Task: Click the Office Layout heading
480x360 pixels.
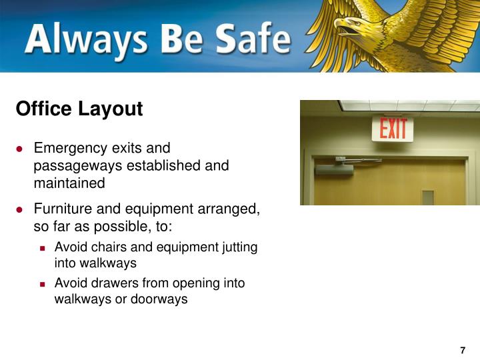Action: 79,109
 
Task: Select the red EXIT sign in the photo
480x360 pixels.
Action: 393,128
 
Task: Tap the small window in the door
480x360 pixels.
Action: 427,197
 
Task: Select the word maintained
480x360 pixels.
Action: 69,183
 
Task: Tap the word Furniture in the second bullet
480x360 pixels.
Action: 61,209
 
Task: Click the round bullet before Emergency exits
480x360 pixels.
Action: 21,148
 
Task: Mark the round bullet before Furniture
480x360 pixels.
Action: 21,209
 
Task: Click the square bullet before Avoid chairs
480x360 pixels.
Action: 43,247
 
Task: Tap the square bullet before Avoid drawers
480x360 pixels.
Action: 43,283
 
